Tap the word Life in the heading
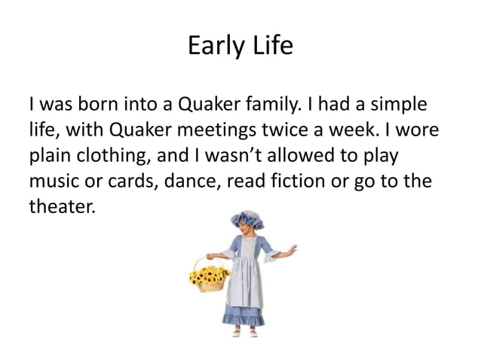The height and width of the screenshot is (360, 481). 273,46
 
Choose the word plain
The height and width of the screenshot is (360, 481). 51,155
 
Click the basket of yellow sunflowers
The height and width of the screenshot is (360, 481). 208,277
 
